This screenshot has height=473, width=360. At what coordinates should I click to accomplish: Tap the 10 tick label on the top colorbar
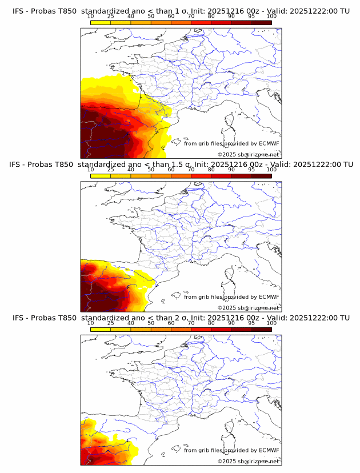click(91, 17)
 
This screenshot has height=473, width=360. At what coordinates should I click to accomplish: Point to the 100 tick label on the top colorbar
click(271, 17)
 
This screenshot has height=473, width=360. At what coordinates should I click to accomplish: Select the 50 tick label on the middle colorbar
click(151, 170)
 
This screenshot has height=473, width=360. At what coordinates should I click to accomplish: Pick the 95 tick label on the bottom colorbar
click(251, 323)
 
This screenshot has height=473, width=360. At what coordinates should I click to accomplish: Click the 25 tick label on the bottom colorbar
click(111, 323)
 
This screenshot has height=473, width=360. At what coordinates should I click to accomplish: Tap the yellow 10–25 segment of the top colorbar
click(101, 22)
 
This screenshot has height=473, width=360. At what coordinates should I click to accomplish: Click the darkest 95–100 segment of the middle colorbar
click(261, 175)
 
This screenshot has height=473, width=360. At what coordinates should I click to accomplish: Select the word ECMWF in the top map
click(269, 143)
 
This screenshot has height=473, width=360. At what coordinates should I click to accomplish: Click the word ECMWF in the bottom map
click(269, 450)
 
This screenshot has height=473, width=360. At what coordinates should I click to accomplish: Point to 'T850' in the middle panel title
click(65, 164)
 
